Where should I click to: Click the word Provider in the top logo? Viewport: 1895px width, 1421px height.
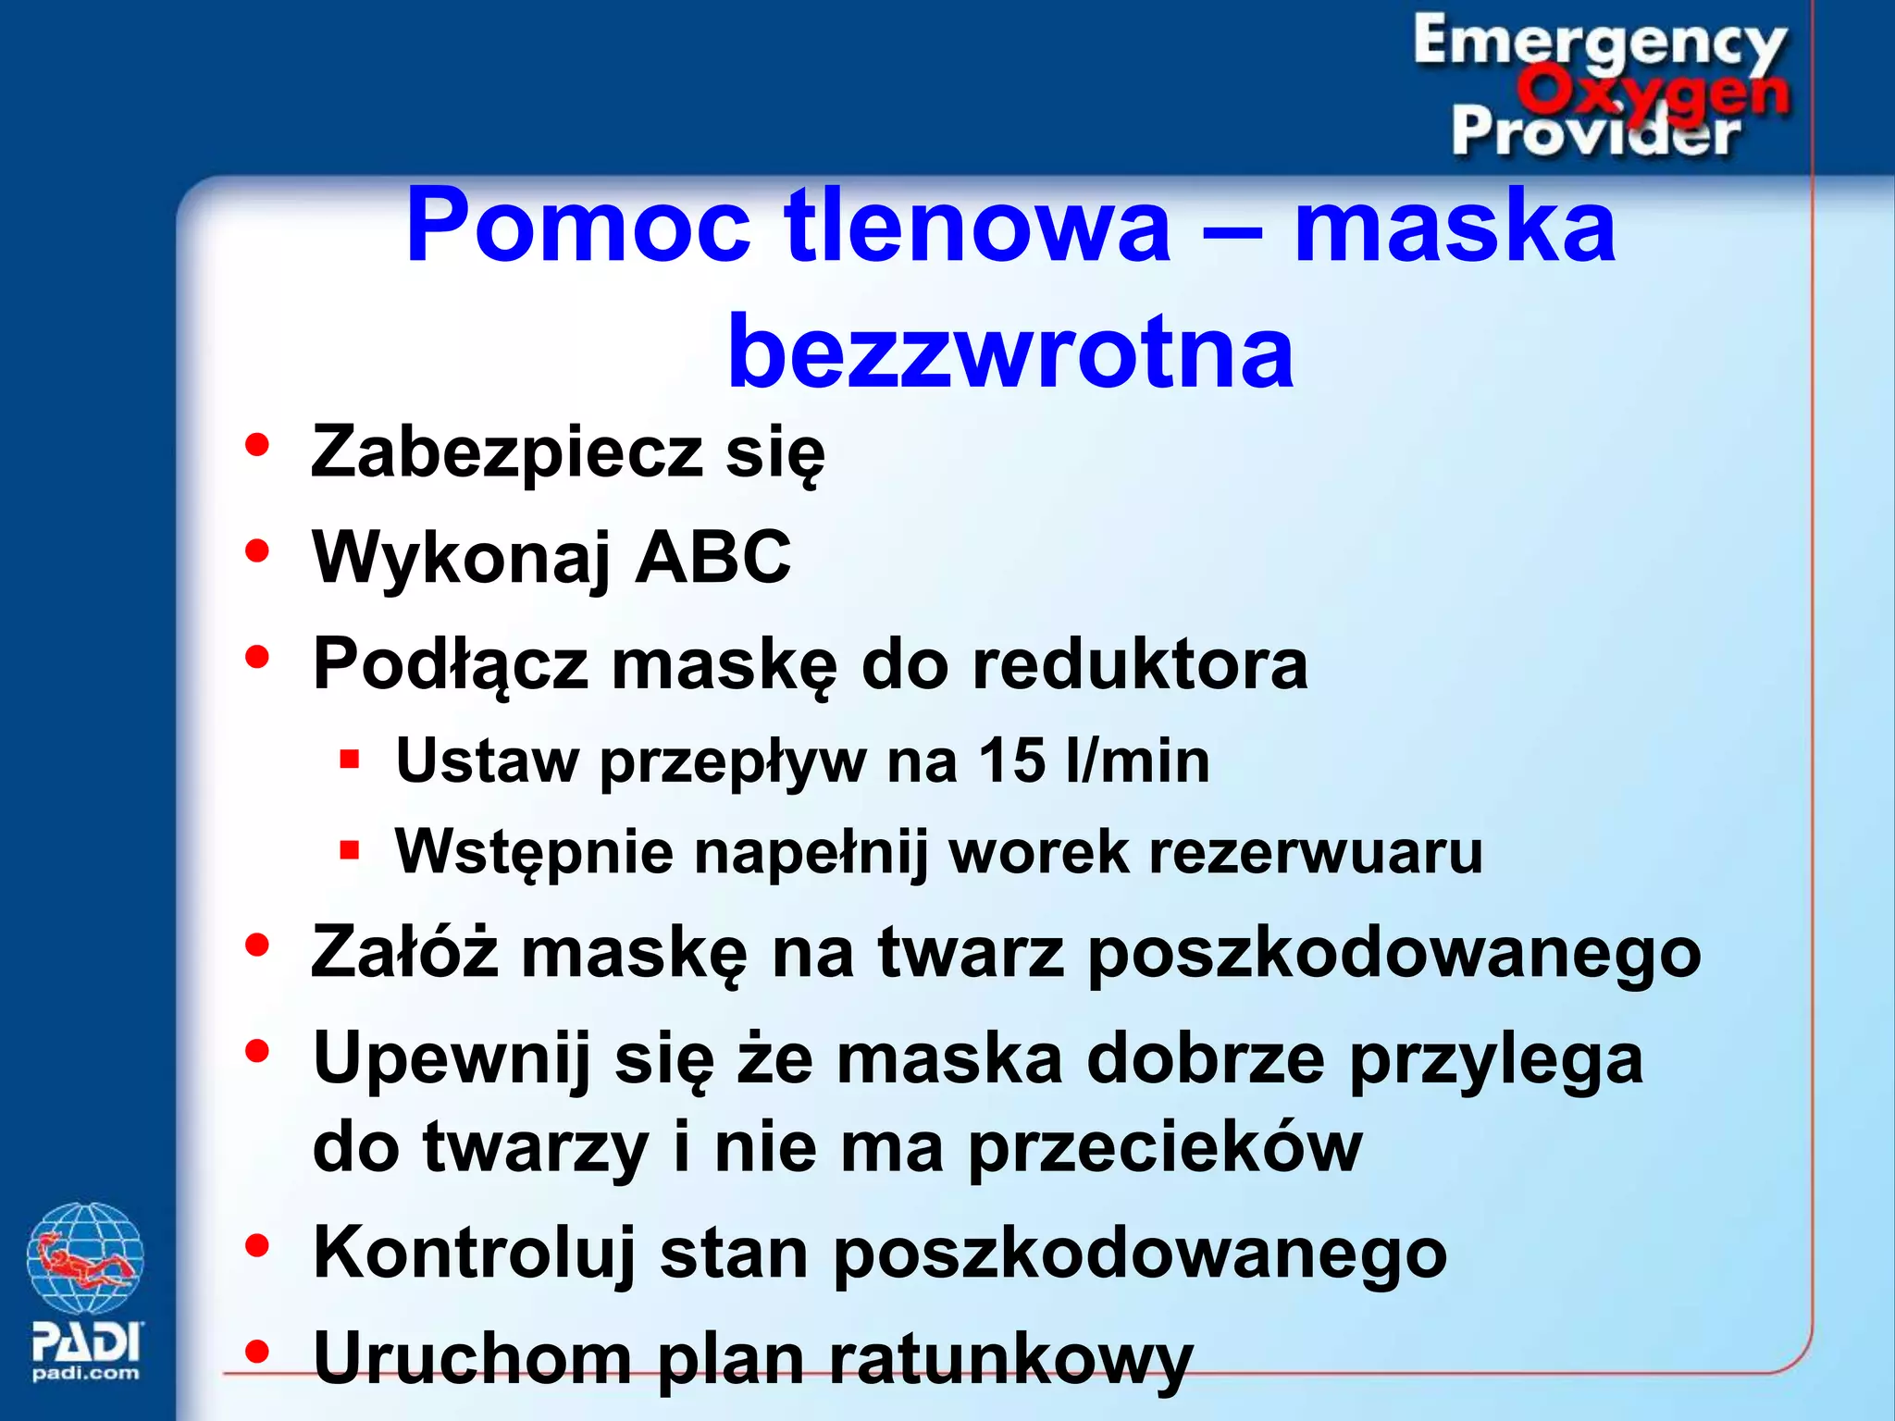click(x=1595, y=132)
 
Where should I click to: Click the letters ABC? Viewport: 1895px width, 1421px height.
click(x=712, y=558)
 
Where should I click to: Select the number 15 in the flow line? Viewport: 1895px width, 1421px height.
click(x=1011, y=761)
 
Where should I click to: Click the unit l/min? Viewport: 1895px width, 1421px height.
click(x=1137, y=761)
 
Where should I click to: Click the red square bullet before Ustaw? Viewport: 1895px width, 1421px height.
click(x=349, y=760)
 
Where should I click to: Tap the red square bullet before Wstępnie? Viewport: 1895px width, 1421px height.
click(x=349, y=850)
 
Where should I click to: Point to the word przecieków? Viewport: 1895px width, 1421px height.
click(x=1164, y=1148)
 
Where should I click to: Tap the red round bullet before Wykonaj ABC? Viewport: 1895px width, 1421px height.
click(x=256, y=551)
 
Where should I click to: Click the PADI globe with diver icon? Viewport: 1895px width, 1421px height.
click(x=85, y=1257)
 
